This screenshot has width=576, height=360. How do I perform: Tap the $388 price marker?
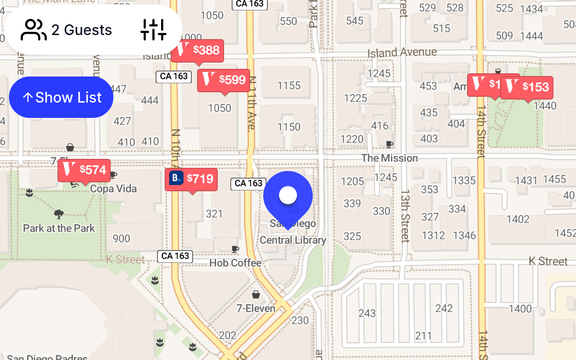198,50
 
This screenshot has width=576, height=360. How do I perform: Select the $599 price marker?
224,80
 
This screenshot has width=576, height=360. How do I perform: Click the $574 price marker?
84,170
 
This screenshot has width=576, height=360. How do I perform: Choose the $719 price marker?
191,179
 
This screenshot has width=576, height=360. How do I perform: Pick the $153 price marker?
527,87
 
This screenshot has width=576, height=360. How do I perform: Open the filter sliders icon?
153,30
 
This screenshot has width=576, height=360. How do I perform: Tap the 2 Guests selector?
67,30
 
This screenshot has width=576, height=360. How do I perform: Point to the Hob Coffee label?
235,263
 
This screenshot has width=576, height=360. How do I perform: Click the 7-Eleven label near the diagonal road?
256,308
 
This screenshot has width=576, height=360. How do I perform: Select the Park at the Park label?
59,228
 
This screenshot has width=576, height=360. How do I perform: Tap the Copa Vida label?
113,189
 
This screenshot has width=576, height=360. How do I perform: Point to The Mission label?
390,158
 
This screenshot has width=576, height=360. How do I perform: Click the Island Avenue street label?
402,53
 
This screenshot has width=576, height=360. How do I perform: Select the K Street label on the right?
548,261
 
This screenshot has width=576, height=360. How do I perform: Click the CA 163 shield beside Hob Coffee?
175,256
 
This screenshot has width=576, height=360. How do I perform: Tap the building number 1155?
289,85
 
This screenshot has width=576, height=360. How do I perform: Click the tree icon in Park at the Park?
58,214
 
